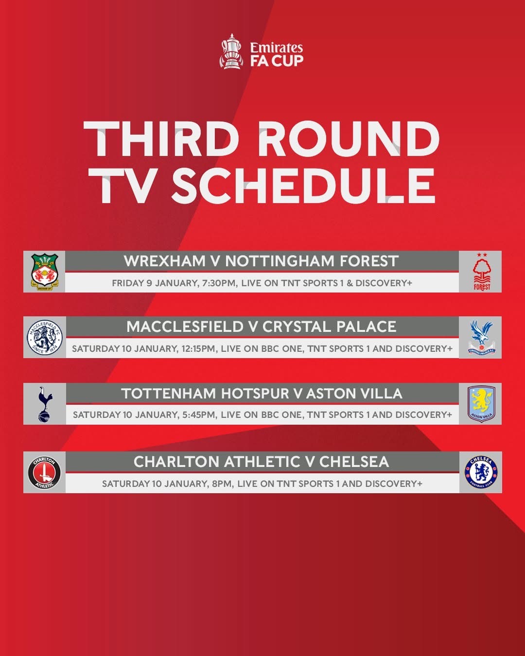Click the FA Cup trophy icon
(x=232, y=52)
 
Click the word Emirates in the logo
(x=276, y=48)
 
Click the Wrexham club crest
(x=45, y=272)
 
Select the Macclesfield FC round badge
(x=45, y=337)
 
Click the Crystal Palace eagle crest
(x=481, y=337)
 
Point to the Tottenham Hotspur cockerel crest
(x=45, y=404)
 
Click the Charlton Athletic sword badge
(x=44, y=472)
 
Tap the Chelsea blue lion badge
(x=481, y=472)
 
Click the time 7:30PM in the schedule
(x=219, y=283)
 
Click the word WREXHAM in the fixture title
(x=164, y=261)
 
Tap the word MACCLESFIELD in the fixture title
(x=185, y=327)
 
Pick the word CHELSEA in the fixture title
(x=354, y=462)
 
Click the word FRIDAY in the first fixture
(x=128, y=283)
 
